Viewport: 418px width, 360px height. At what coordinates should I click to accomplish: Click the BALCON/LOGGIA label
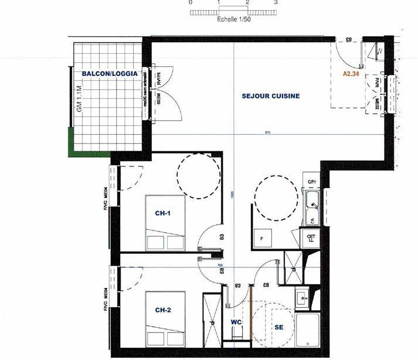pos(110,74)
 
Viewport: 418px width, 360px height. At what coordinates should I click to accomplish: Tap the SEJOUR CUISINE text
pos(271,96)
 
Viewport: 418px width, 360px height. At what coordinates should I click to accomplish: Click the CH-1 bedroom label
pos(163,213)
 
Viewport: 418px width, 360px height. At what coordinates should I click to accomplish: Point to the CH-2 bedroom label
pos(163,310)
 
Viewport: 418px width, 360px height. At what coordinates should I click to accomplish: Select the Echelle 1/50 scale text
pos(233,19)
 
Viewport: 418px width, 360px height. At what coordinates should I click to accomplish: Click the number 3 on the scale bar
pos(276,3)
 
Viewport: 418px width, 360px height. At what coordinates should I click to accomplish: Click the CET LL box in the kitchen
pos(311,239)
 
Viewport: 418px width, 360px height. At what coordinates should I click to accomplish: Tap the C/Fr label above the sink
pos(312,182)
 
